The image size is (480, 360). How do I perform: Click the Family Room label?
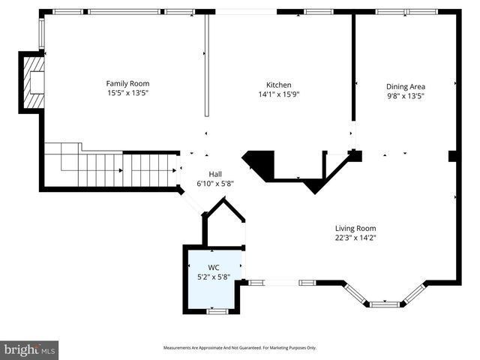(127, 83)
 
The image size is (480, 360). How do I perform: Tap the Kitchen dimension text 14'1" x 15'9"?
(278, 94)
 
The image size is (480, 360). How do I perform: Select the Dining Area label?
(404, 85)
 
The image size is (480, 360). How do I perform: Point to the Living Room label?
(355, 228)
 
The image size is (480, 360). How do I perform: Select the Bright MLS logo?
(30, 349)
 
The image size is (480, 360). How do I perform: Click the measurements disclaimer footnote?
(240, 348)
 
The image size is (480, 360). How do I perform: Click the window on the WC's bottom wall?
(217, 310)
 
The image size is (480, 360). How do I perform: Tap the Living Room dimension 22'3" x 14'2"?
(355, 238)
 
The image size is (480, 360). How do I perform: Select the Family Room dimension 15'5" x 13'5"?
(127, 93)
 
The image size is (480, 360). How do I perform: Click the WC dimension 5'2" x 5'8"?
(214, 277)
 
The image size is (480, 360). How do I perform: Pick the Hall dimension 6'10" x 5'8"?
(214, 183)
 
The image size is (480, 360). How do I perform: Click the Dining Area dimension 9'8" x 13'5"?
(404, 95)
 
